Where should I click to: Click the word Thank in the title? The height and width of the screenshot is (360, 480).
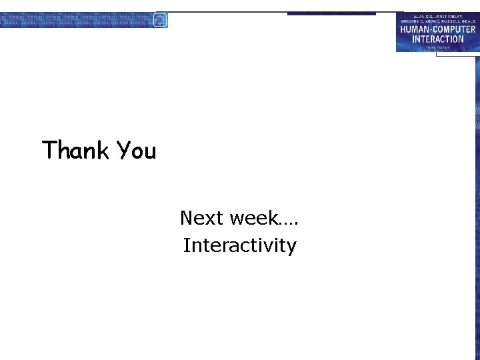point(75,151)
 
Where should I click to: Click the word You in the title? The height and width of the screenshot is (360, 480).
point(136,151)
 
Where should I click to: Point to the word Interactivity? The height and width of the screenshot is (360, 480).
point(239,245)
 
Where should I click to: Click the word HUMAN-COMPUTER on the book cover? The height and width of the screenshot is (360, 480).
point(437,30)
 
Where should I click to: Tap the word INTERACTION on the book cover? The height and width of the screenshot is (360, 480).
point(437,39)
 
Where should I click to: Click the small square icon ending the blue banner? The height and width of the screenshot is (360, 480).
point(160,20)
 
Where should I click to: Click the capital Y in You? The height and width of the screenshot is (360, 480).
point(123,150)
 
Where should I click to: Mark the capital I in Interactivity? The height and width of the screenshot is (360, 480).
point(186,245)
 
